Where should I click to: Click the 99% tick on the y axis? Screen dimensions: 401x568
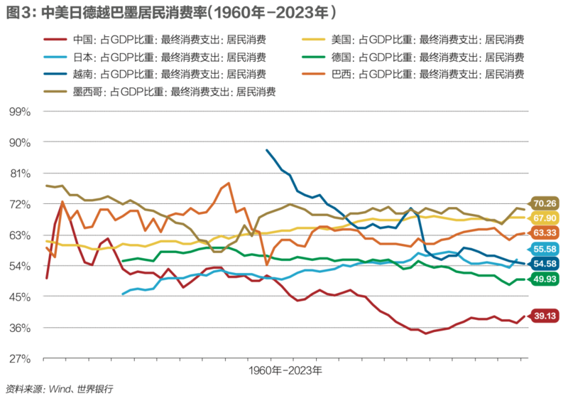[19, 112]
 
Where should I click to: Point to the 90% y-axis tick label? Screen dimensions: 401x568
[19, 142]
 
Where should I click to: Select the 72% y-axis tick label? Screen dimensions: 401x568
[19, 204]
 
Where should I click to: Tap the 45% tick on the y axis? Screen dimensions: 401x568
[19, 296]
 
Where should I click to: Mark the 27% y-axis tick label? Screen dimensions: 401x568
[19, 358]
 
